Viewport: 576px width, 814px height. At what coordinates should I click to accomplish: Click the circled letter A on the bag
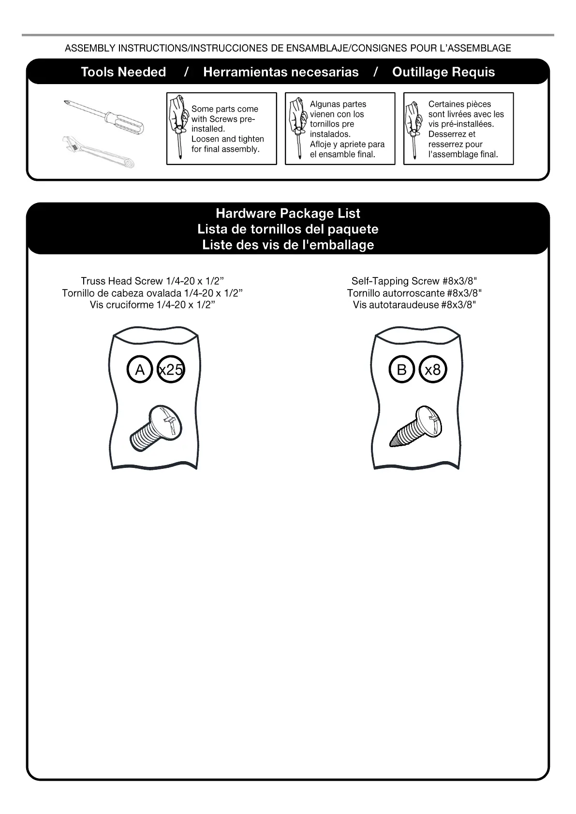coord(140,370)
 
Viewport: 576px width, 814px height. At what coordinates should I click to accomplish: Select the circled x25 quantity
coord(171,370)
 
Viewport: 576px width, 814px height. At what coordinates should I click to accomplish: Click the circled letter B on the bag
coord(401,370)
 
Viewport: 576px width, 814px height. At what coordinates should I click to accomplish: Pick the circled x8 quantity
coord(432,370)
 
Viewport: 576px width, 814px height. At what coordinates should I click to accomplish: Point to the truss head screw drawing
coord(156,429)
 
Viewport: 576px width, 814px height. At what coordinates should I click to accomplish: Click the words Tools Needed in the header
coord(123,72)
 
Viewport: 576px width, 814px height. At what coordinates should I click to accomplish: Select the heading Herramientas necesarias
coord(281,72)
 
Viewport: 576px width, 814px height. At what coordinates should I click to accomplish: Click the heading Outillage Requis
coord(443,72)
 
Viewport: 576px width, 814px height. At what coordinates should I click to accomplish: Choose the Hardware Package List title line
coord(288,213)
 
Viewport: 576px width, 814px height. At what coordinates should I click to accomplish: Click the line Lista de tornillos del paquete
coord(288,229)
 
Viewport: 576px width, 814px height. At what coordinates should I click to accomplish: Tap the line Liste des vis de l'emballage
coord(288,245)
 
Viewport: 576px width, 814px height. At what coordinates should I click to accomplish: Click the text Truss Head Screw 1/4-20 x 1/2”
coord(152,281)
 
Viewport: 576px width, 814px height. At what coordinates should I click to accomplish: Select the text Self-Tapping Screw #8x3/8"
coord(414,281)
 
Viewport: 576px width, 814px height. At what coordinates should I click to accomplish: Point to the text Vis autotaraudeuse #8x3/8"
coord(414,305)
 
